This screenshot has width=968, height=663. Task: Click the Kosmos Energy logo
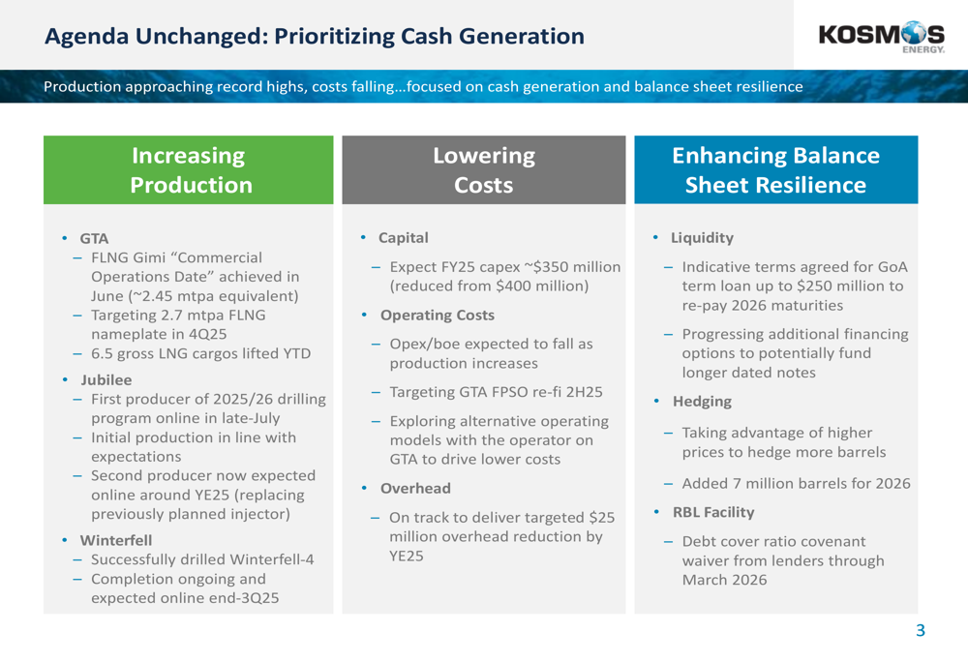(x=881, y=38)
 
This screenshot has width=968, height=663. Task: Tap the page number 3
(x=921, y=630)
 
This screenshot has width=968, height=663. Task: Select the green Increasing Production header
(x=189, y=169)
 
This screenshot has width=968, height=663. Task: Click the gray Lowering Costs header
(x=484, y=169)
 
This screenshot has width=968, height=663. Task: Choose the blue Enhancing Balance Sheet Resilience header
(x=776, y=169)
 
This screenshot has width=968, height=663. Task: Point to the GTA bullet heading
(x=94, y=238)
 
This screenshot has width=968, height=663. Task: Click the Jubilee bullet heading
(x=106, y=379)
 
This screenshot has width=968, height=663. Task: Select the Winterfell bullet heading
(x=116, y=540)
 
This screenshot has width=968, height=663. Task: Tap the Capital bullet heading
(x=403, y=238)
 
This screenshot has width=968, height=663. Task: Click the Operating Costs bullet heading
(x=438, y=315)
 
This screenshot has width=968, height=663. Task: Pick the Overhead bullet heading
(x=415, y=489)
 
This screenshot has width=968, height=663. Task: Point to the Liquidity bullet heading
(x=702, y=238)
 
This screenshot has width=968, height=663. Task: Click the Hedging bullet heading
(x=702, y=402)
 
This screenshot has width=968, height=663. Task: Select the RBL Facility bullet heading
(x=713, y=512)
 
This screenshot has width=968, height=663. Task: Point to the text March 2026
(x=724, y=580)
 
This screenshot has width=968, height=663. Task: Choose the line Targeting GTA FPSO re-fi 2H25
(x=496, y=392)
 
